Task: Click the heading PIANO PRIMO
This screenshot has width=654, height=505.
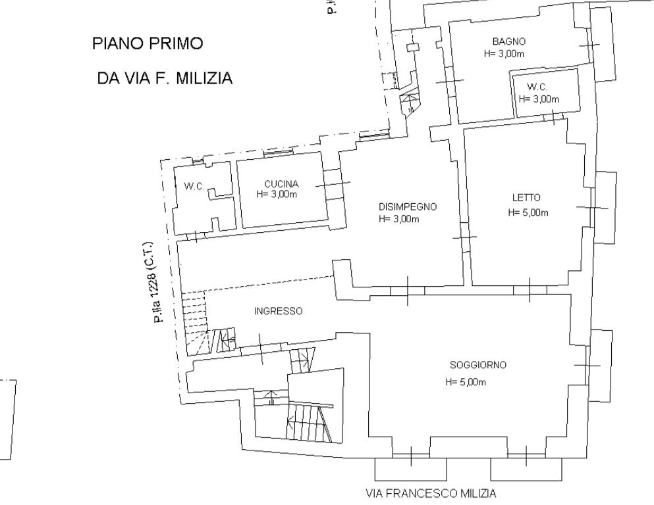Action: (x=147, y=44)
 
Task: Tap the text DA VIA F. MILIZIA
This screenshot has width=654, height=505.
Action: (x=164, y=79)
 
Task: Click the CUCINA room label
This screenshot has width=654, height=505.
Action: (x=281, y=184)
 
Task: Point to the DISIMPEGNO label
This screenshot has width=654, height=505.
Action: (x=407, y=206)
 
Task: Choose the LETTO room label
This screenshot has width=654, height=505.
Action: (x=526, y=197)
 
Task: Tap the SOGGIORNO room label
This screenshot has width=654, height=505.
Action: (x=477, y=366)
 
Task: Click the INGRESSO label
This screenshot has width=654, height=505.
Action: (x=278, y=311)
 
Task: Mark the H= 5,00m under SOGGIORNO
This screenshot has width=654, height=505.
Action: (x=465, y=383)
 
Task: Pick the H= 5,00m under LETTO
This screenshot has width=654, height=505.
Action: (x=528, y=212)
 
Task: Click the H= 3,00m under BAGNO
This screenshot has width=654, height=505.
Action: (x=504, y=53)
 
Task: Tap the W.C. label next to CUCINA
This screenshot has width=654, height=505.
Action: (x=194, y=187)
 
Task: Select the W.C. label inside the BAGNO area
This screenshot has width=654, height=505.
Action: (x=537, y=87)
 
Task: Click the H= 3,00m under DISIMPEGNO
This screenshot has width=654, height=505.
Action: (x=398, y=219)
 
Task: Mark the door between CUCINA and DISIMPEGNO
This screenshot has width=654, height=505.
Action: (x=333, y=184)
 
